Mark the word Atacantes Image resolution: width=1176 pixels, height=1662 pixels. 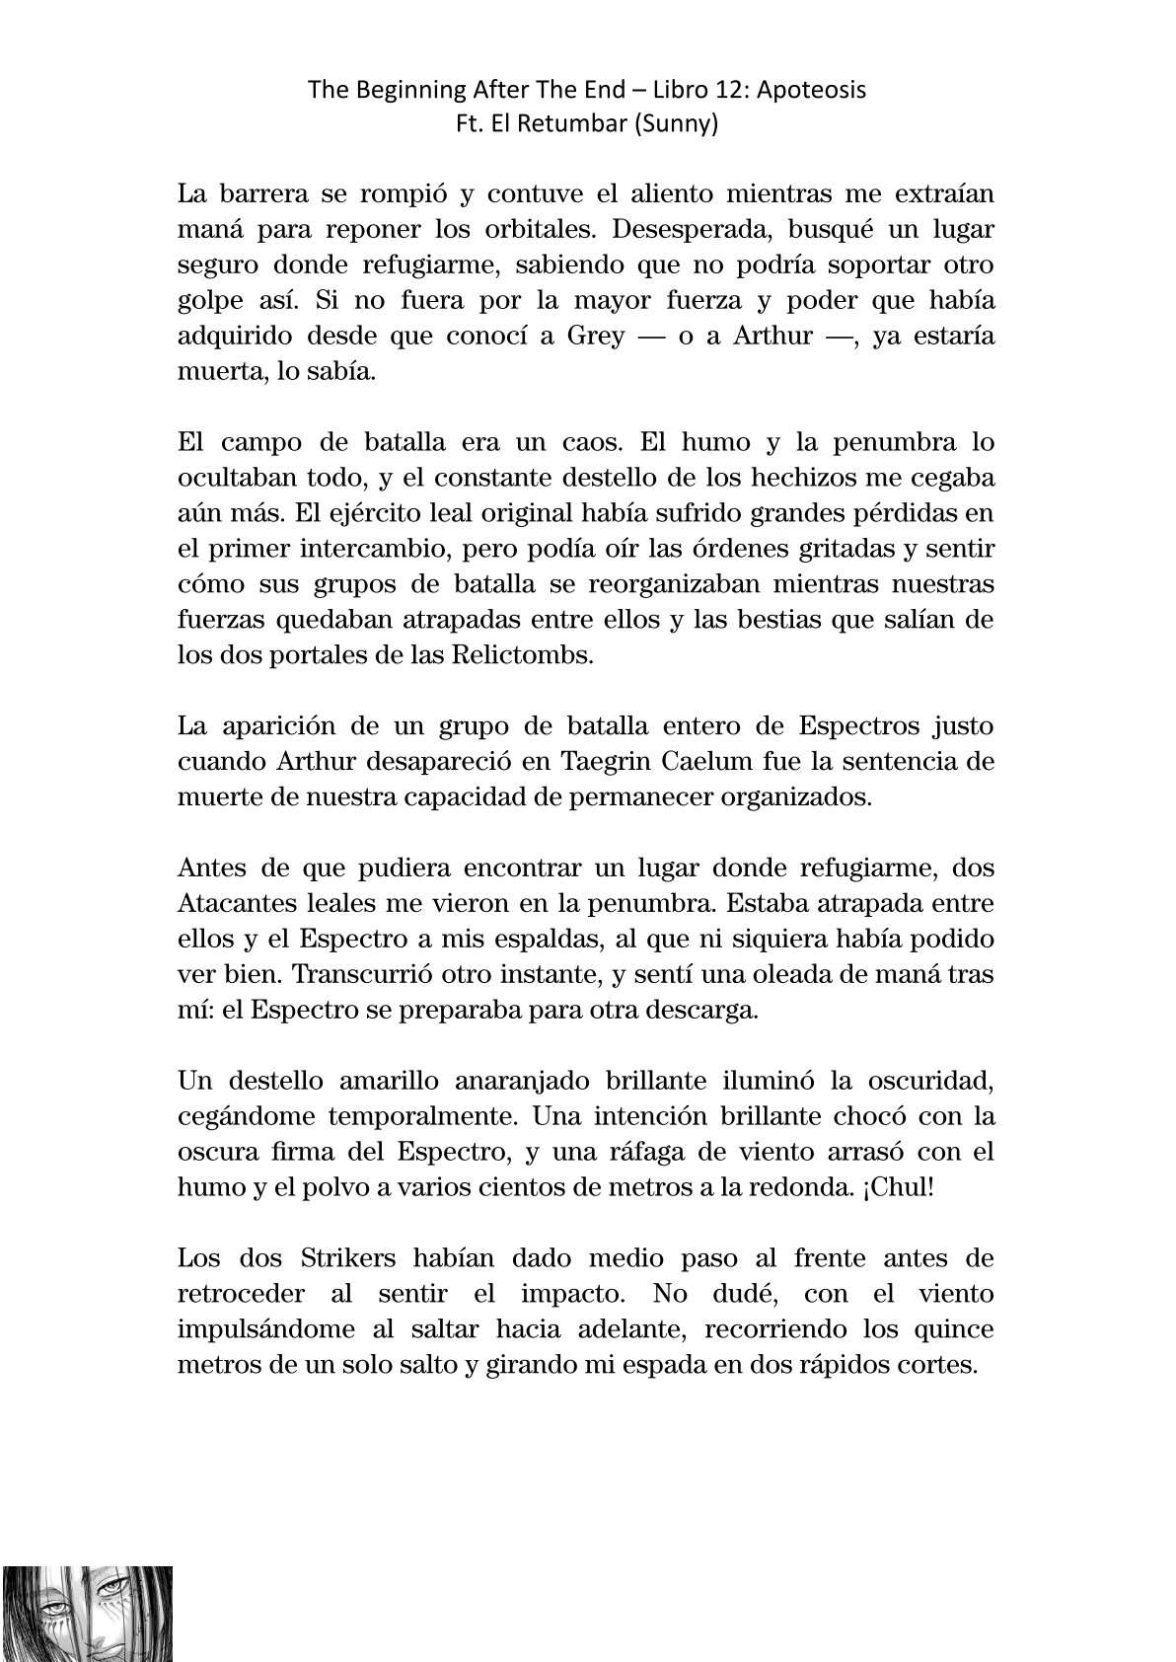(241, 904)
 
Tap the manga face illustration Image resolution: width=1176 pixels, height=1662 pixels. (87, 1613)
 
